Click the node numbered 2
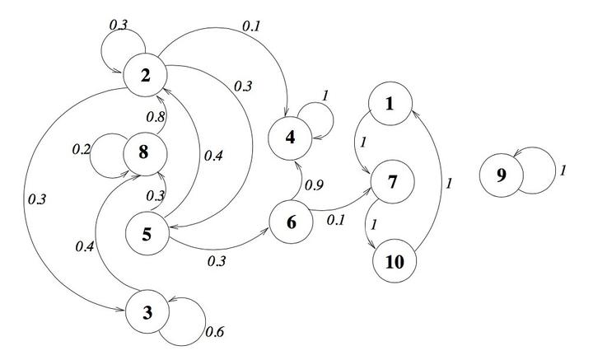tap(145, 75)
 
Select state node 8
tap(145, 153)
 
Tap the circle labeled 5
tap(147, 233)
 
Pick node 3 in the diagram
tap(147, 311)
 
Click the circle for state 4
tap(290, 138)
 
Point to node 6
tap(292, 222)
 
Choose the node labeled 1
tap(390, 103)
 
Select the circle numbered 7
tap(393, 181)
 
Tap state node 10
tap(395, 261)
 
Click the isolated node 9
tap(502, 175)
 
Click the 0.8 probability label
tap(156, 117)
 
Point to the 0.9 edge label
tap(315, 185)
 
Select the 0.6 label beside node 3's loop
tap(215, 332)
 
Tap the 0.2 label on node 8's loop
tap(82, 149)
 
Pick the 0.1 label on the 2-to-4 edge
tap(251, 26)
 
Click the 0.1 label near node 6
tap(336, 220)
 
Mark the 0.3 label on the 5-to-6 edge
tap(217, 260)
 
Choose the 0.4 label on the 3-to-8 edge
tap(85, 246)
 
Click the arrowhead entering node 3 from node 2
tap(120, 310)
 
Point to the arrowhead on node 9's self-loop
tap(516, 153)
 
